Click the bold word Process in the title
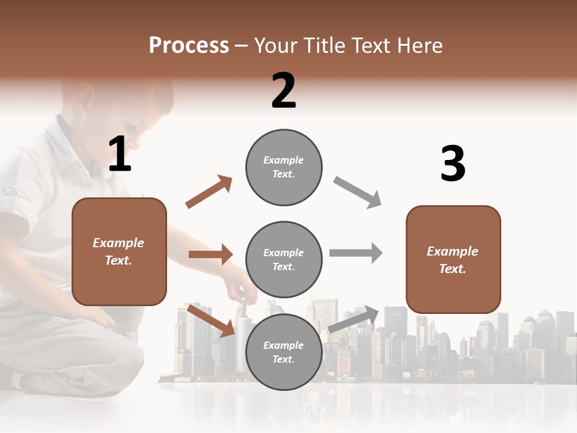click(189, 46)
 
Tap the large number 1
click(120, 155)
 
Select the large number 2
click(284, 91)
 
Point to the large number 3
click(453, 164)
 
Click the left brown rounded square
click(119, 251)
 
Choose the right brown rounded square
click(453, 260)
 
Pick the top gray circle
click(284, 167)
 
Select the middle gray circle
click(284, 259)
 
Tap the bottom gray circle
click(284, 352)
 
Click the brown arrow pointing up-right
click(209, 192)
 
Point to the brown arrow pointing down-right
click(210, 321)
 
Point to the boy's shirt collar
click(66, 144)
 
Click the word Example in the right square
click(453, 251)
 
